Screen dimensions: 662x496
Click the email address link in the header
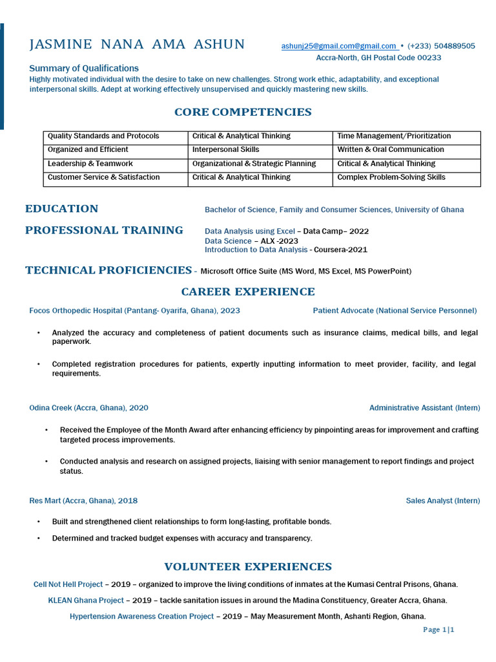339,46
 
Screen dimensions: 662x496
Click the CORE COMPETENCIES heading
243,112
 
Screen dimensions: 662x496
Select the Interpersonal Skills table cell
226,150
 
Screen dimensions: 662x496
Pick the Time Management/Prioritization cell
394,136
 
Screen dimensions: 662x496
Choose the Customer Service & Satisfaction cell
103,177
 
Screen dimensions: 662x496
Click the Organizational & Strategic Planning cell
254,164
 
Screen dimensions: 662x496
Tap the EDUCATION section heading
61,209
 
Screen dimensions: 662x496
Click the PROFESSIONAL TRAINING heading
104,230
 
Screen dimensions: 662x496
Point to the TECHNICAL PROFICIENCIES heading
108,270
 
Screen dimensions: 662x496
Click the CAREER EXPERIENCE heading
248,292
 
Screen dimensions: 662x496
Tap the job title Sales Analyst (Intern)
443,501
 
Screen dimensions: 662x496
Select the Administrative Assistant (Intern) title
424,408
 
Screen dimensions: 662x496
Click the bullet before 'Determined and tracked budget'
39,539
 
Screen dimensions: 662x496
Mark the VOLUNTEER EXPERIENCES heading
248,567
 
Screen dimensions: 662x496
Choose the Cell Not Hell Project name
68,584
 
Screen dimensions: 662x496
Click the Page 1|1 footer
439,630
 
